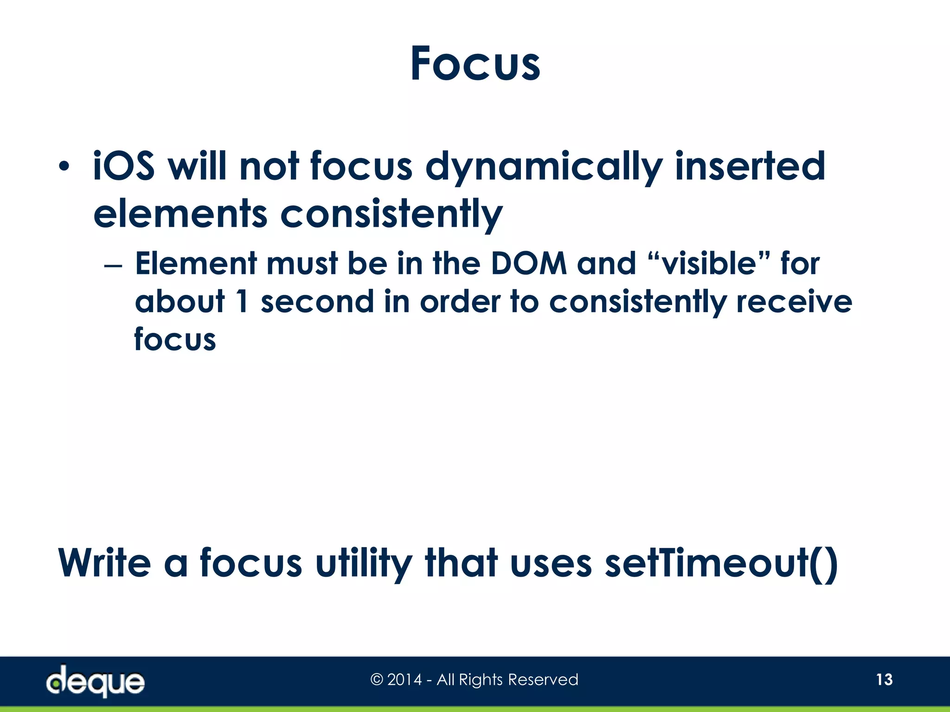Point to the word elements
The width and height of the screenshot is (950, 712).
(x=180, y=214)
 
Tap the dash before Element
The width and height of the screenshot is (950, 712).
(x=113, y=267)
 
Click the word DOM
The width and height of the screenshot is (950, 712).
(x=528, y=263)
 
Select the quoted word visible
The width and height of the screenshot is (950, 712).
(x=709, y=263)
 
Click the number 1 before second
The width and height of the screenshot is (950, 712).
(x=242, y=301)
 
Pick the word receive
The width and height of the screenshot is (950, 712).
(x=794, y=301)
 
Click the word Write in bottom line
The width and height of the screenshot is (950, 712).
(x=104, y=563)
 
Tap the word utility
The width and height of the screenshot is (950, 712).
(x=363, y=564)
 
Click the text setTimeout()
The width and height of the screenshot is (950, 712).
(x=721, y=563)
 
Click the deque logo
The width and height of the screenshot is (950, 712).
(x=95, y=680)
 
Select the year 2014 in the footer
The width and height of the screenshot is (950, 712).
(x=404, y=680)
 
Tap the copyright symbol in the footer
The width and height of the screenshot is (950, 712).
(x=377, y=680)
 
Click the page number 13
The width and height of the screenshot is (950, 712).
(x=884, y=680)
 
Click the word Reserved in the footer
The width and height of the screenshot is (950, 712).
(x=543, y=680)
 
